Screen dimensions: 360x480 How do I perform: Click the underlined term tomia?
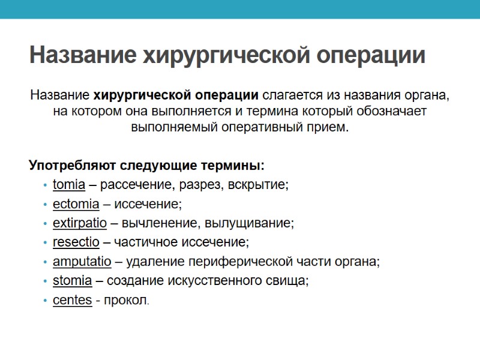coord(68,185)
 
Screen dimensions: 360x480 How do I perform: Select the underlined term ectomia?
coord(76,204)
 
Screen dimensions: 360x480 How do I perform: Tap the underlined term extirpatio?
coord(79,223)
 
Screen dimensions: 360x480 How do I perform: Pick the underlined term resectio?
coord(76,242)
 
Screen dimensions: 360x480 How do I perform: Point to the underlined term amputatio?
coord(82,262)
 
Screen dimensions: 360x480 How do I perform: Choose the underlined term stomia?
coord(72,281)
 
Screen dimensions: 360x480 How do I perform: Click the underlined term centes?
coord(72,300)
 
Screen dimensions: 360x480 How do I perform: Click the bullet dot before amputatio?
coord(46,262)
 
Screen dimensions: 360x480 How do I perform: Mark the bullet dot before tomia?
coord(46,185)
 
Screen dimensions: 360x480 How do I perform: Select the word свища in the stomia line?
coord(290,281)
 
